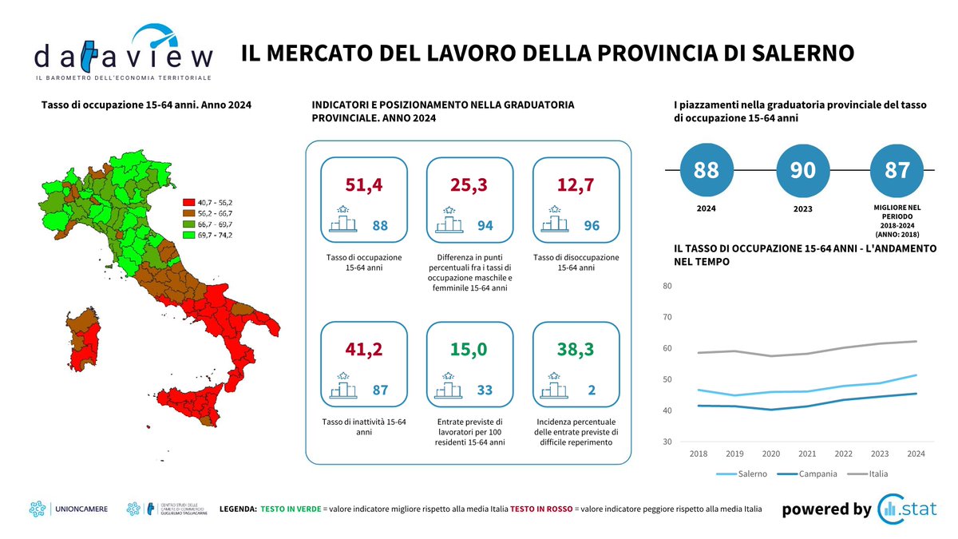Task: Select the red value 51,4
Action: point(363,184)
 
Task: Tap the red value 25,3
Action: point(469,184)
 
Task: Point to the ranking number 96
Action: point(592,226)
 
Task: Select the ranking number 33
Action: point(485,390)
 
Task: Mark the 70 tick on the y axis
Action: point(667,317)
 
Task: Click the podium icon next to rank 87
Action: point(345,388)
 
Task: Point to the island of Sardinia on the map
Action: point(82,339)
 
